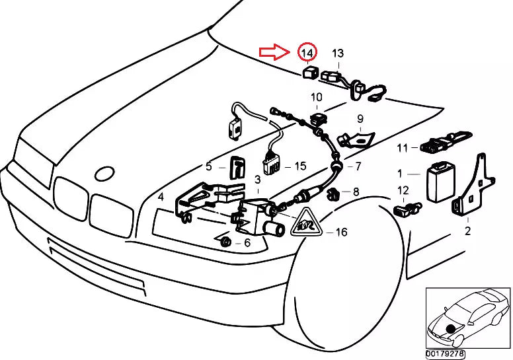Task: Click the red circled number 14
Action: click(307, 52)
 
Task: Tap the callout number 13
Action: click(338, 53)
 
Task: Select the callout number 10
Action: click(317, 98)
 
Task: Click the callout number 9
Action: click(360, 119)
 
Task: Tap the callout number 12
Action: click(403, 190)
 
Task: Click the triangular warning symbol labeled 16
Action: click(305, 224)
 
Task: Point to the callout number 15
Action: click(300, 166)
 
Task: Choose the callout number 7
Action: click(358, 166)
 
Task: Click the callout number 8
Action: click(356, 192)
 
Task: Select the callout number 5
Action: click(208, 166)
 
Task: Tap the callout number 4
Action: click(161, 197)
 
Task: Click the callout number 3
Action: click(257, 179)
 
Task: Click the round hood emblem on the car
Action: click(105, 174)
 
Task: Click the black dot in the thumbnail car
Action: click(450, 328)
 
